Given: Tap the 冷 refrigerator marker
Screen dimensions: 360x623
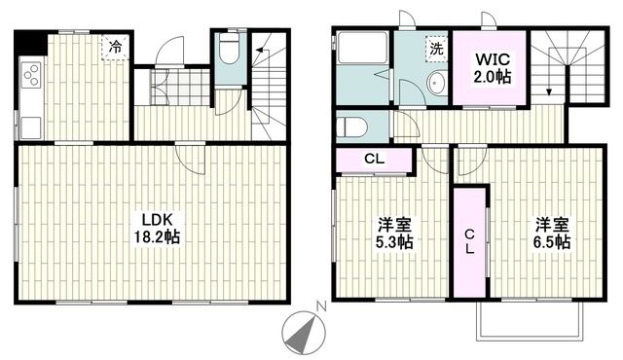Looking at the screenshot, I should [x=116, y=46].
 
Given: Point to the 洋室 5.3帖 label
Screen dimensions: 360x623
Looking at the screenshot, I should [x=393, y=234].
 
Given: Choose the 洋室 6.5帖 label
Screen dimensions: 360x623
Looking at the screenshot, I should [x=551, y=234].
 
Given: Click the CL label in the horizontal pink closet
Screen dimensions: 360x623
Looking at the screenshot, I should [x=373, y=160].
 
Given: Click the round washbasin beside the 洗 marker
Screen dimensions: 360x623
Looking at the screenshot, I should [x=435, y=84].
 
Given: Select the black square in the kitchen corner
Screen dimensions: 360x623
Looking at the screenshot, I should [x=32, y=43].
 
